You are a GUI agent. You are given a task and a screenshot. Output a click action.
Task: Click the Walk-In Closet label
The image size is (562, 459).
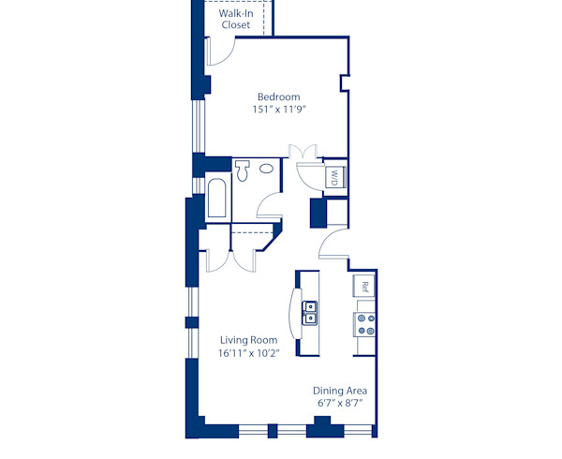click(236, 20)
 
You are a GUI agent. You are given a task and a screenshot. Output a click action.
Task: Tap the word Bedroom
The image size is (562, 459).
click(279, 96)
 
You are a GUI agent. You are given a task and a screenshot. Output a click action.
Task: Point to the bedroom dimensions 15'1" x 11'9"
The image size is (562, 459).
click(279, 110)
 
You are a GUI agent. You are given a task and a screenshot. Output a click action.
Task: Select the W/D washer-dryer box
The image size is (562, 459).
click(333, 176)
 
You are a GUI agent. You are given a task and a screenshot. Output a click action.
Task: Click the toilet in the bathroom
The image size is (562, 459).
click(244, 170)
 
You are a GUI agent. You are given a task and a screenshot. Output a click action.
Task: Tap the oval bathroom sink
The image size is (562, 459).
click(267, 170)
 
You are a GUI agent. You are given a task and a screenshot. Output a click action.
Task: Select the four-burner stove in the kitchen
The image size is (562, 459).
click(364, 324)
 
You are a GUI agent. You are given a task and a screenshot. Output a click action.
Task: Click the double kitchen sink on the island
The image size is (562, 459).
click(309, 312)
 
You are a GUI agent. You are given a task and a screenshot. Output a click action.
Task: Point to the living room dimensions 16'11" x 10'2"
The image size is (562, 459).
click(248, 353)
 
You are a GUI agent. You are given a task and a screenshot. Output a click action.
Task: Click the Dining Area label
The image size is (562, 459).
click(339, 390)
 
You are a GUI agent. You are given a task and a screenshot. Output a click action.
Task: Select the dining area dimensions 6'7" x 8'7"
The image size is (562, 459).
click(339, 403)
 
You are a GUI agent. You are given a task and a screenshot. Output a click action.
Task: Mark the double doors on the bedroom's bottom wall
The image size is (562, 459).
click(304, 153)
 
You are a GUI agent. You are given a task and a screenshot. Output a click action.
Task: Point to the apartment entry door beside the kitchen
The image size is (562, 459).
click(333, 245)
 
